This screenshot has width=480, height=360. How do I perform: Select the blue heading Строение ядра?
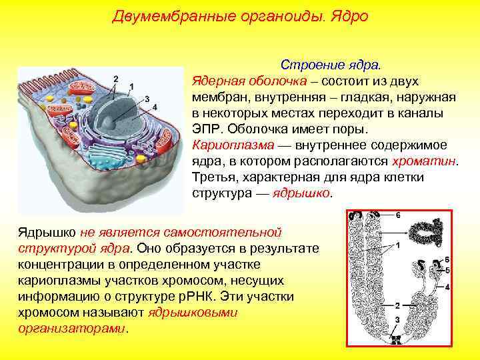[x=331, y=65]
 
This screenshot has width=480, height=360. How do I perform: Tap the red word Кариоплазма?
[x=225, y=145]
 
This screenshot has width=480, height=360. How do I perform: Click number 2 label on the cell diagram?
[x=116, y=79]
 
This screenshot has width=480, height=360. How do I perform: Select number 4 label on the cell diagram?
[x=155, y=107]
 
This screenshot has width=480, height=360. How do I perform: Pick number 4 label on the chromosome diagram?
[x=447, y=287]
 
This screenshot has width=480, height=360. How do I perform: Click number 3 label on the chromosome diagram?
[x=397, y=321]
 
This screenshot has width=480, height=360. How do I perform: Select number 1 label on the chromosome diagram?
[x=397, y=246]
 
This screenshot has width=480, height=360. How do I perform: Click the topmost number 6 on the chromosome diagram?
[x=398, y=215]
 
